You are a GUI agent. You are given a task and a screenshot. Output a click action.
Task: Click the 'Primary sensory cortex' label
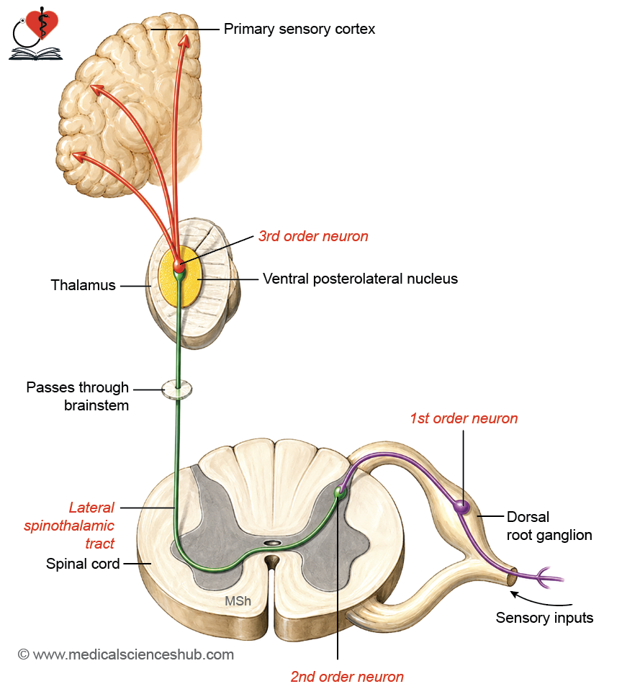(x=299, y=29)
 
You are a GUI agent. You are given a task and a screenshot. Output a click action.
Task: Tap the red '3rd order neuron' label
(x=313, y=236)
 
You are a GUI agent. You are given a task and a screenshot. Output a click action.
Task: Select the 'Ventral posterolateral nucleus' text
(x=360, y=279)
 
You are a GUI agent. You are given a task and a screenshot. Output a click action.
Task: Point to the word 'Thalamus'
(x=83, y=284)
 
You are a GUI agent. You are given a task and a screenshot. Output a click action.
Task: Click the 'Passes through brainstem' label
(x=78, y=396)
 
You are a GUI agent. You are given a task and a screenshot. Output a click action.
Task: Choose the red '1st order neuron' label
(x=464, y=418)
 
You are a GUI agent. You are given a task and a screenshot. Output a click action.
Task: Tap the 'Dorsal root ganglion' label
(x=549, y=526)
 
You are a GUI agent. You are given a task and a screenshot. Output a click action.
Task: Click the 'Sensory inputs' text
(x=544, y=618)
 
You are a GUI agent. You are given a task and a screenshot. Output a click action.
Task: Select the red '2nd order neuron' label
(x=347, y=677)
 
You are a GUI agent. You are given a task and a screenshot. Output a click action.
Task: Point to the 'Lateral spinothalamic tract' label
(x=69, y=526)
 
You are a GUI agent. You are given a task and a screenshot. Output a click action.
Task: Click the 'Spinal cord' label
(x=83, y=564)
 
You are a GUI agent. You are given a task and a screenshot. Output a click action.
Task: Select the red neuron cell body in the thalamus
(x=179, y=266)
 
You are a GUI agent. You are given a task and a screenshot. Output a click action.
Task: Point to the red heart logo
(x=42, y=25)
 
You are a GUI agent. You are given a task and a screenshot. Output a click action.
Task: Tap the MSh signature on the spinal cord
(x=238, y=600)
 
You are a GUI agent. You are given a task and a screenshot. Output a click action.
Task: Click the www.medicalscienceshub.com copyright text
(x=126, y=654)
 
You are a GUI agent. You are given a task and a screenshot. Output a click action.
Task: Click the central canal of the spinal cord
(x=273, y=543)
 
